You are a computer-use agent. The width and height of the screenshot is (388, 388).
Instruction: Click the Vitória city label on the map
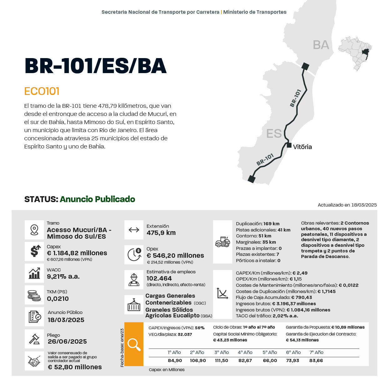(x=302, y=147)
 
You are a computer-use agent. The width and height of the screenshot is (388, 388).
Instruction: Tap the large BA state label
(x=321, y=45)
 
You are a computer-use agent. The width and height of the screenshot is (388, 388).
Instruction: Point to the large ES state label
(x=274, y=134)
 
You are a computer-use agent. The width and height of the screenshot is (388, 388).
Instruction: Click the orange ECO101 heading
(x=42, y=91)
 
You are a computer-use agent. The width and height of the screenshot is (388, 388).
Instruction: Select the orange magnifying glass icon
(x=134, y=344)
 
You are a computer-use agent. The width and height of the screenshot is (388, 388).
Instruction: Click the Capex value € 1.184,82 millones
(x=77, y=253)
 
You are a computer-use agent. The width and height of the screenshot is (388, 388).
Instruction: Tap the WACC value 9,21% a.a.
(x=63, y=276)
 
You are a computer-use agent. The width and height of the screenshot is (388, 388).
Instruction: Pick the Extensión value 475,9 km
(x=161, y=233)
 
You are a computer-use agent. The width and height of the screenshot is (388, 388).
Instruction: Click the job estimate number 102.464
(x=159, y=278)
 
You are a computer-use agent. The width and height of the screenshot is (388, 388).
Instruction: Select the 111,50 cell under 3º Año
(x=221, y=361)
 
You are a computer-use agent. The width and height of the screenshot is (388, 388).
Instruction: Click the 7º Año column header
(x=316, y=352)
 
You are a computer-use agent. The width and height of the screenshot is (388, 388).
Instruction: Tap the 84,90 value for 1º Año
(x=175, y=361)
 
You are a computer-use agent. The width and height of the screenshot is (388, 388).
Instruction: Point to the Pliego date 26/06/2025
(x=67, y=341)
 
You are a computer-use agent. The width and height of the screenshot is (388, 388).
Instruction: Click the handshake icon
(x=34, y=361)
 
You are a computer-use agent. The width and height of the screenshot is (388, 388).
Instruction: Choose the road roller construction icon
(x=223, y=242)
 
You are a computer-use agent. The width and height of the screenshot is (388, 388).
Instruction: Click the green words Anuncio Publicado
(x=98, y=199)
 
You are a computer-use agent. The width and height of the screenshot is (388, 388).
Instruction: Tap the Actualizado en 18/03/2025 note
(x=347, y=205)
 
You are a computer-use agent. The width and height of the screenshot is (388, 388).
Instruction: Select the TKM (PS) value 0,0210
(x=58, y=299)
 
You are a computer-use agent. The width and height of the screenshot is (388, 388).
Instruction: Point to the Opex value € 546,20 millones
(x=175, y=256)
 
